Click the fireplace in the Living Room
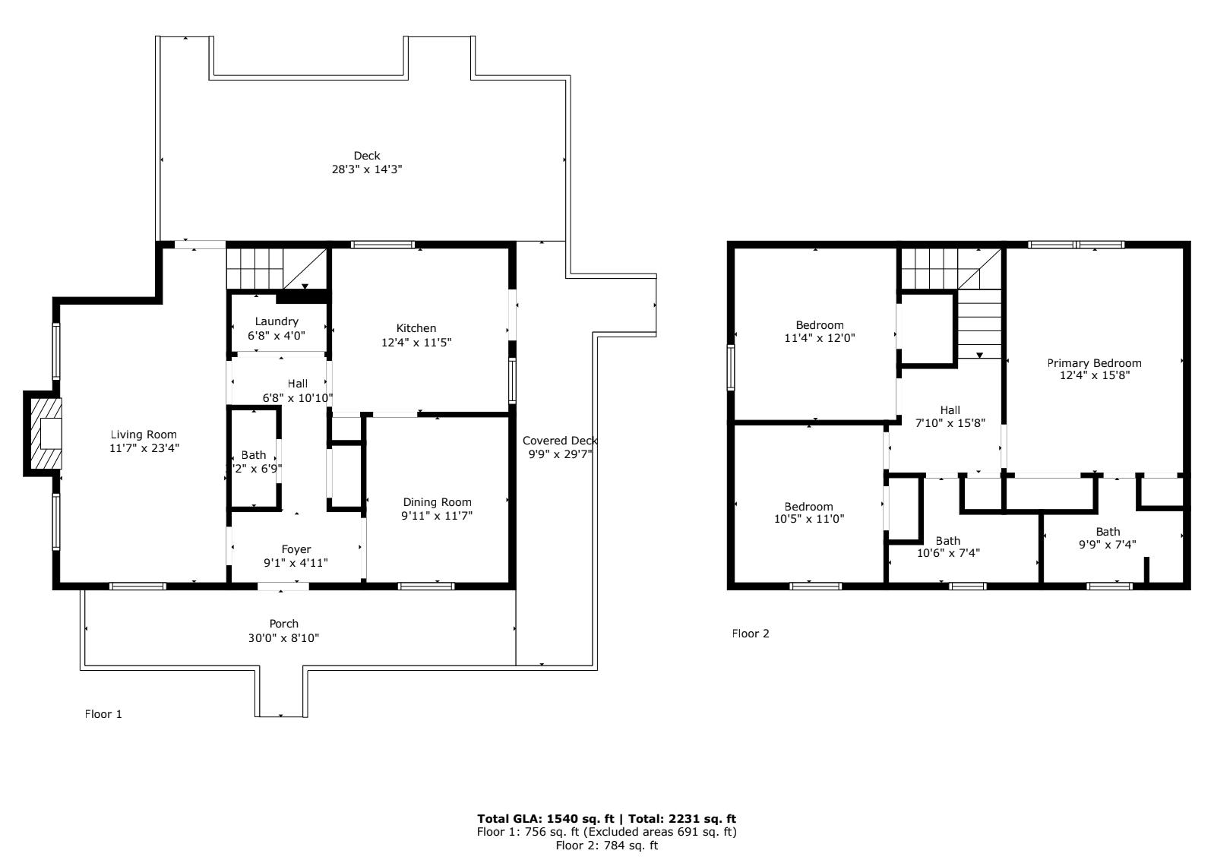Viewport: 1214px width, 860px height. click(46, 434)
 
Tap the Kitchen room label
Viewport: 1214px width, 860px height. click(416, 328)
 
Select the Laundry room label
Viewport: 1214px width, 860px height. click(277, 322)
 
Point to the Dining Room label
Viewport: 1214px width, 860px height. click(437, 502)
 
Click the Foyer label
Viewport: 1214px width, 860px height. click(296, 549)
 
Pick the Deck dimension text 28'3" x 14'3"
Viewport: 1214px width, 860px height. click(367, 169)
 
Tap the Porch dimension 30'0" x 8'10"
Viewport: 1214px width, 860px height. click(283, 638)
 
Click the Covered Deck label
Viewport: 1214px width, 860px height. click(559, 441)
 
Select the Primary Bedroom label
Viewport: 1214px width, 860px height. click(1094, 363)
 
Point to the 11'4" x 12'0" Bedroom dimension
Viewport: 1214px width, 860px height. click(820, 338)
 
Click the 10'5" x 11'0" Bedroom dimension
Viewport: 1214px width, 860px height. click(808, 519)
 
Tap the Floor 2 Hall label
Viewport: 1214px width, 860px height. click(950, 411)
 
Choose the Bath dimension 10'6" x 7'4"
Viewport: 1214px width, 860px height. click(948, 553)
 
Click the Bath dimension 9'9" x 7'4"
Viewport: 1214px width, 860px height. click(1107, 544)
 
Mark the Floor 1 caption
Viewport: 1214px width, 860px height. click(103, 714)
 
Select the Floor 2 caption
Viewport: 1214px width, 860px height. click(751, 634)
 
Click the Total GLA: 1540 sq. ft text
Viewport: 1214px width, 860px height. click(545, 819)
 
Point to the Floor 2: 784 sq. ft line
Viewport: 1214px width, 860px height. click(606, 846)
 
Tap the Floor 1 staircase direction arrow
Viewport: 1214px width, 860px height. click(305, 286)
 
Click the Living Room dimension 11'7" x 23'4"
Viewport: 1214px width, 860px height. click(144, 448)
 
